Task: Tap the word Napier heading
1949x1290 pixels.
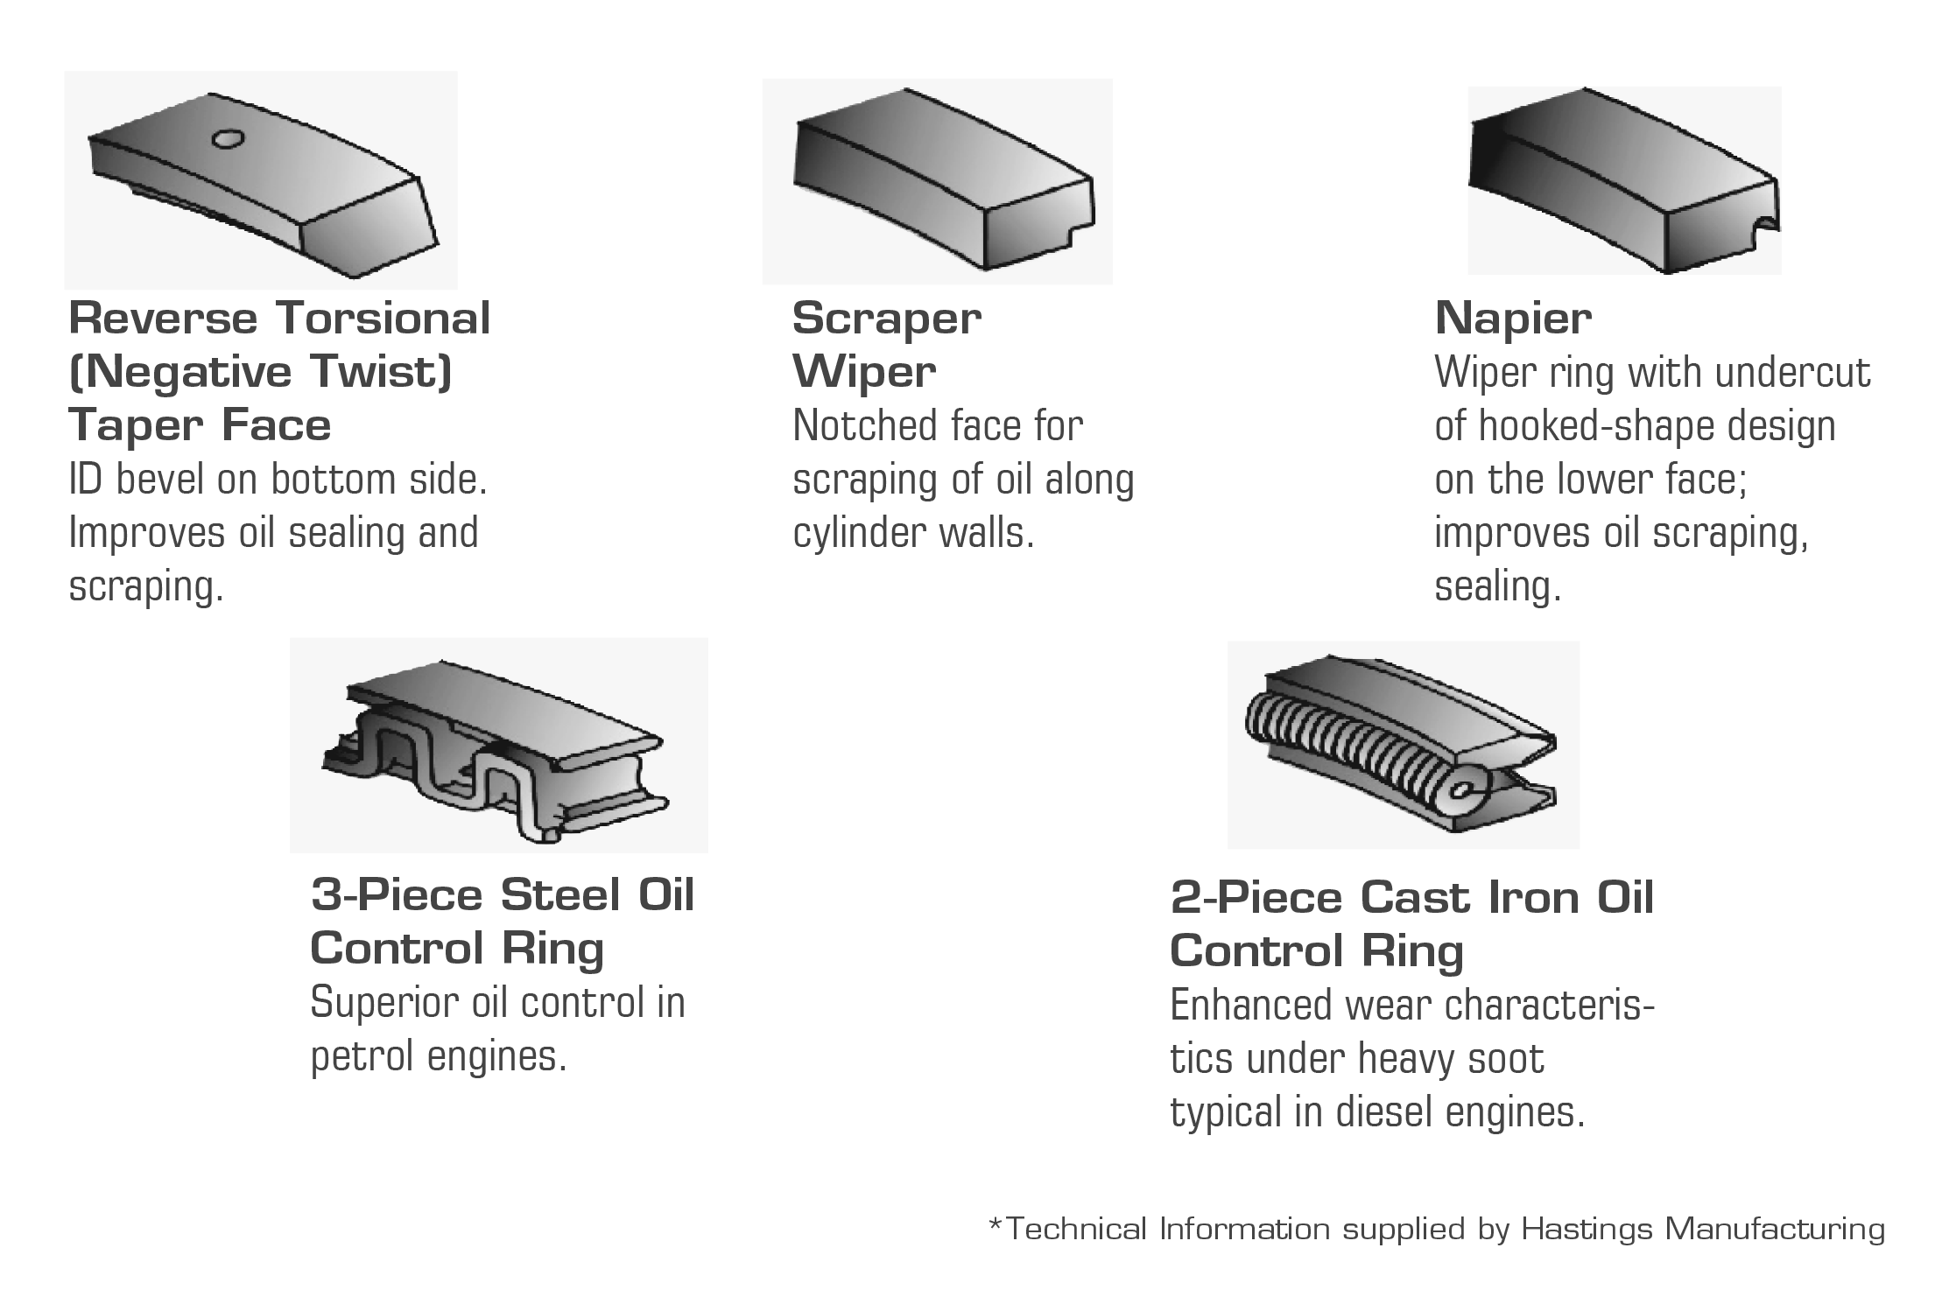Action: click(1513, 319)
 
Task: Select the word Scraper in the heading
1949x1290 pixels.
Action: click(886, 319)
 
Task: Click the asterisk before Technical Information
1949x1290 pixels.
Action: click(995, 1223)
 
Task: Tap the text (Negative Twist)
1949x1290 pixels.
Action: click(260, 371)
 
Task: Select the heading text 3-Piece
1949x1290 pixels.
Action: click(398, 894)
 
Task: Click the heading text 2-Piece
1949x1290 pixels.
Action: click(1257, 898)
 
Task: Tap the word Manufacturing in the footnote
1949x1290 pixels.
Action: click(1775, 1230)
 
